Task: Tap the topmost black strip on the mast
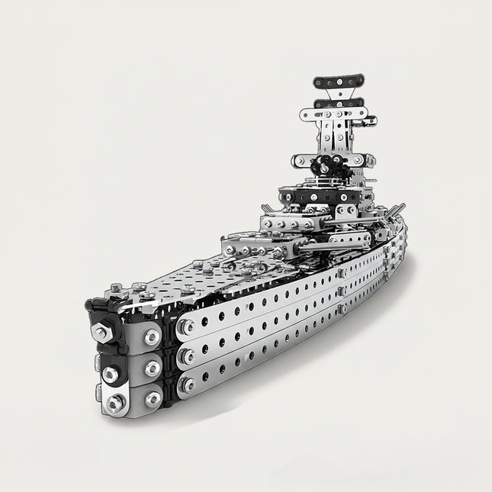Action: (x=337, y=80)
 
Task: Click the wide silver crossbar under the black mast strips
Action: (x=336, y=116)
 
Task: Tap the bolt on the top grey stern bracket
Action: (x=151, y=336)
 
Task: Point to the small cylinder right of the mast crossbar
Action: (x=370, y=120)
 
